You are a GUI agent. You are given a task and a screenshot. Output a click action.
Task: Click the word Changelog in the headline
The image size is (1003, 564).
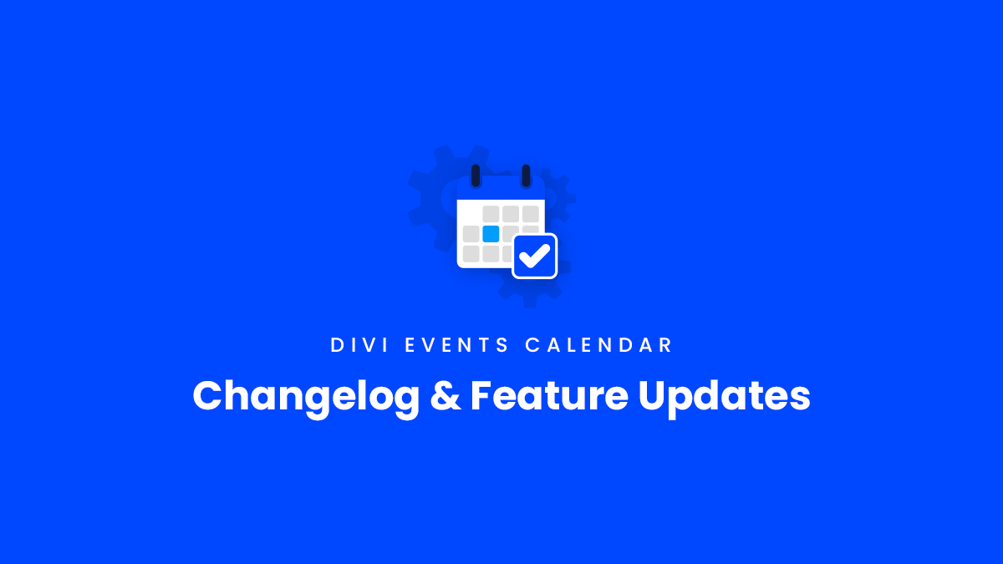pos(306,395)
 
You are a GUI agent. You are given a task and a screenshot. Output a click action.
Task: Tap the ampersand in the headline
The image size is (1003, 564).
pos(444,395)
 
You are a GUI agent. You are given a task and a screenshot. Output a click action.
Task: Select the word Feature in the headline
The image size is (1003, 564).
pos(547,395)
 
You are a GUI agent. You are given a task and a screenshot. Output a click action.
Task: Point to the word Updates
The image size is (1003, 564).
pos(724,395)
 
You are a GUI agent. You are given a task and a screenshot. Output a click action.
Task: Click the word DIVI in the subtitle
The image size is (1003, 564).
pos(359,345)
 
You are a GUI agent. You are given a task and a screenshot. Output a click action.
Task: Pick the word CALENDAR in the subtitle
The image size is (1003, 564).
pos(598,345)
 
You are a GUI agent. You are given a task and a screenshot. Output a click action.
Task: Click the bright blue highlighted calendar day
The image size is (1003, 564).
pos(491,234)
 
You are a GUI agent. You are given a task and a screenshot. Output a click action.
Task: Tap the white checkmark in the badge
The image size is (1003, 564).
pos(535,256)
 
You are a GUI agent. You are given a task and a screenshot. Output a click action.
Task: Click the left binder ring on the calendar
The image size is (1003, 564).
pos(476,175)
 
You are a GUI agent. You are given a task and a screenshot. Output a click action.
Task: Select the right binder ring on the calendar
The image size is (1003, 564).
pos(526,175)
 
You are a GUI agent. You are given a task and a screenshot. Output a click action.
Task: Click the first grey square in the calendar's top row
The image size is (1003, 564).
pos(491,214)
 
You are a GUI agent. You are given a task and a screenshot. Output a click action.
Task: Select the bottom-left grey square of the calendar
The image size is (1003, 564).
pos(471,253)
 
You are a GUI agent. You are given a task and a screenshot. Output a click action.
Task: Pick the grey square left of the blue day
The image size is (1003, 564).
pos(471,234)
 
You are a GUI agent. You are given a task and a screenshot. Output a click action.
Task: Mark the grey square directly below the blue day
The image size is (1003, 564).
pos(491,253)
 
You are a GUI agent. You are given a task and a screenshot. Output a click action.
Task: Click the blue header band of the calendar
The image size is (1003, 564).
pos(501,189)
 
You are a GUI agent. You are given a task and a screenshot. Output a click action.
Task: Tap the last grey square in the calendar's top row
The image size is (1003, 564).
pos(531,214)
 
